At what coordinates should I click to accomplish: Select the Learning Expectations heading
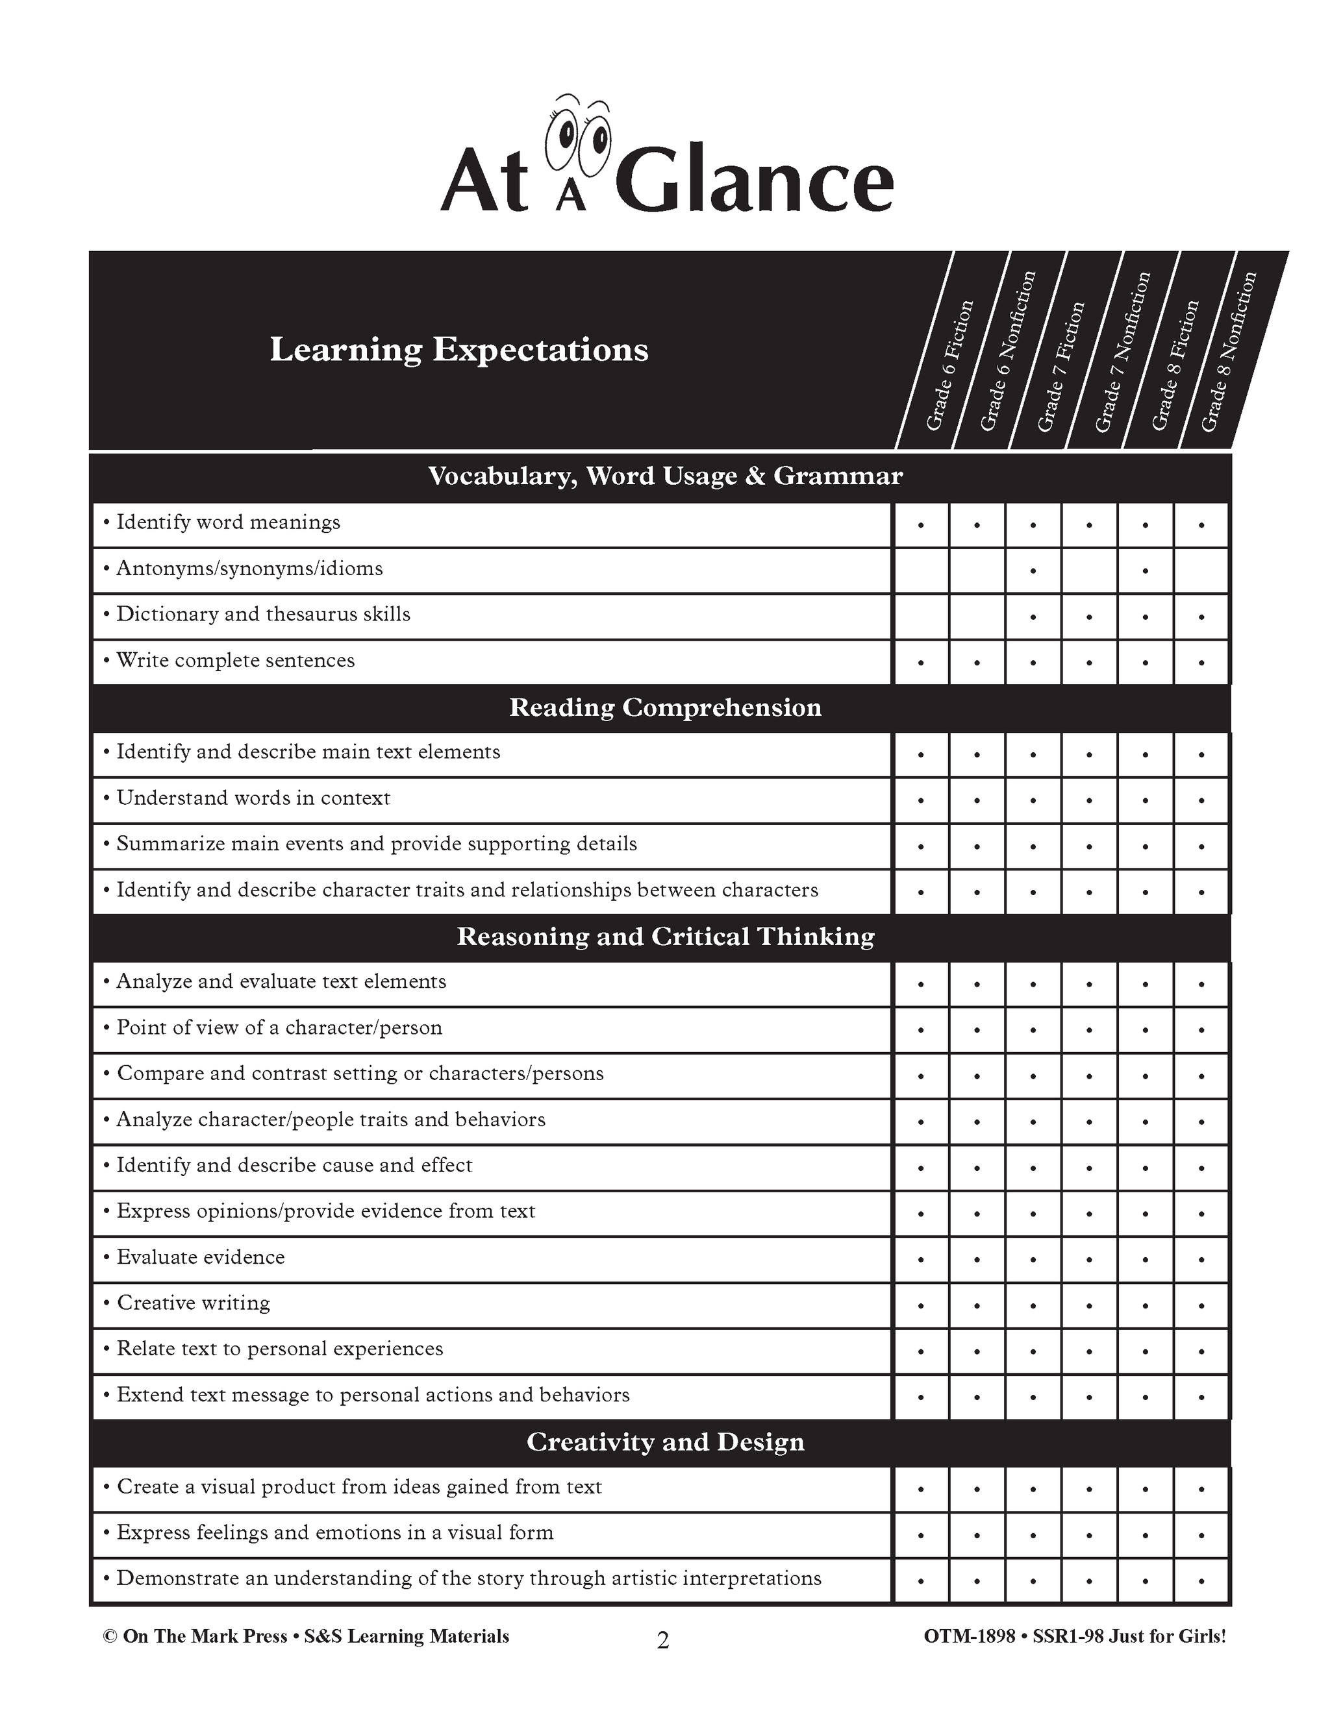click(458, 350)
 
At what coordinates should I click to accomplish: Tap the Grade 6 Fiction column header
click(949, 365)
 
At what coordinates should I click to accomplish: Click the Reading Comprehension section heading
click(665, 707)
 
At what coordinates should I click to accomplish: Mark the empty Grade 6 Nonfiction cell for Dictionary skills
click(977, 617)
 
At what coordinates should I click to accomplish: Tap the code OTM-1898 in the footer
click(968, 1636)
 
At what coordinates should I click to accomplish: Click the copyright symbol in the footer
click(110, 1636)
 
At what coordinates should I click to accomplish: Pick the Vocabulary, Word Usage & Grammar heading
click(665, 476)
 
